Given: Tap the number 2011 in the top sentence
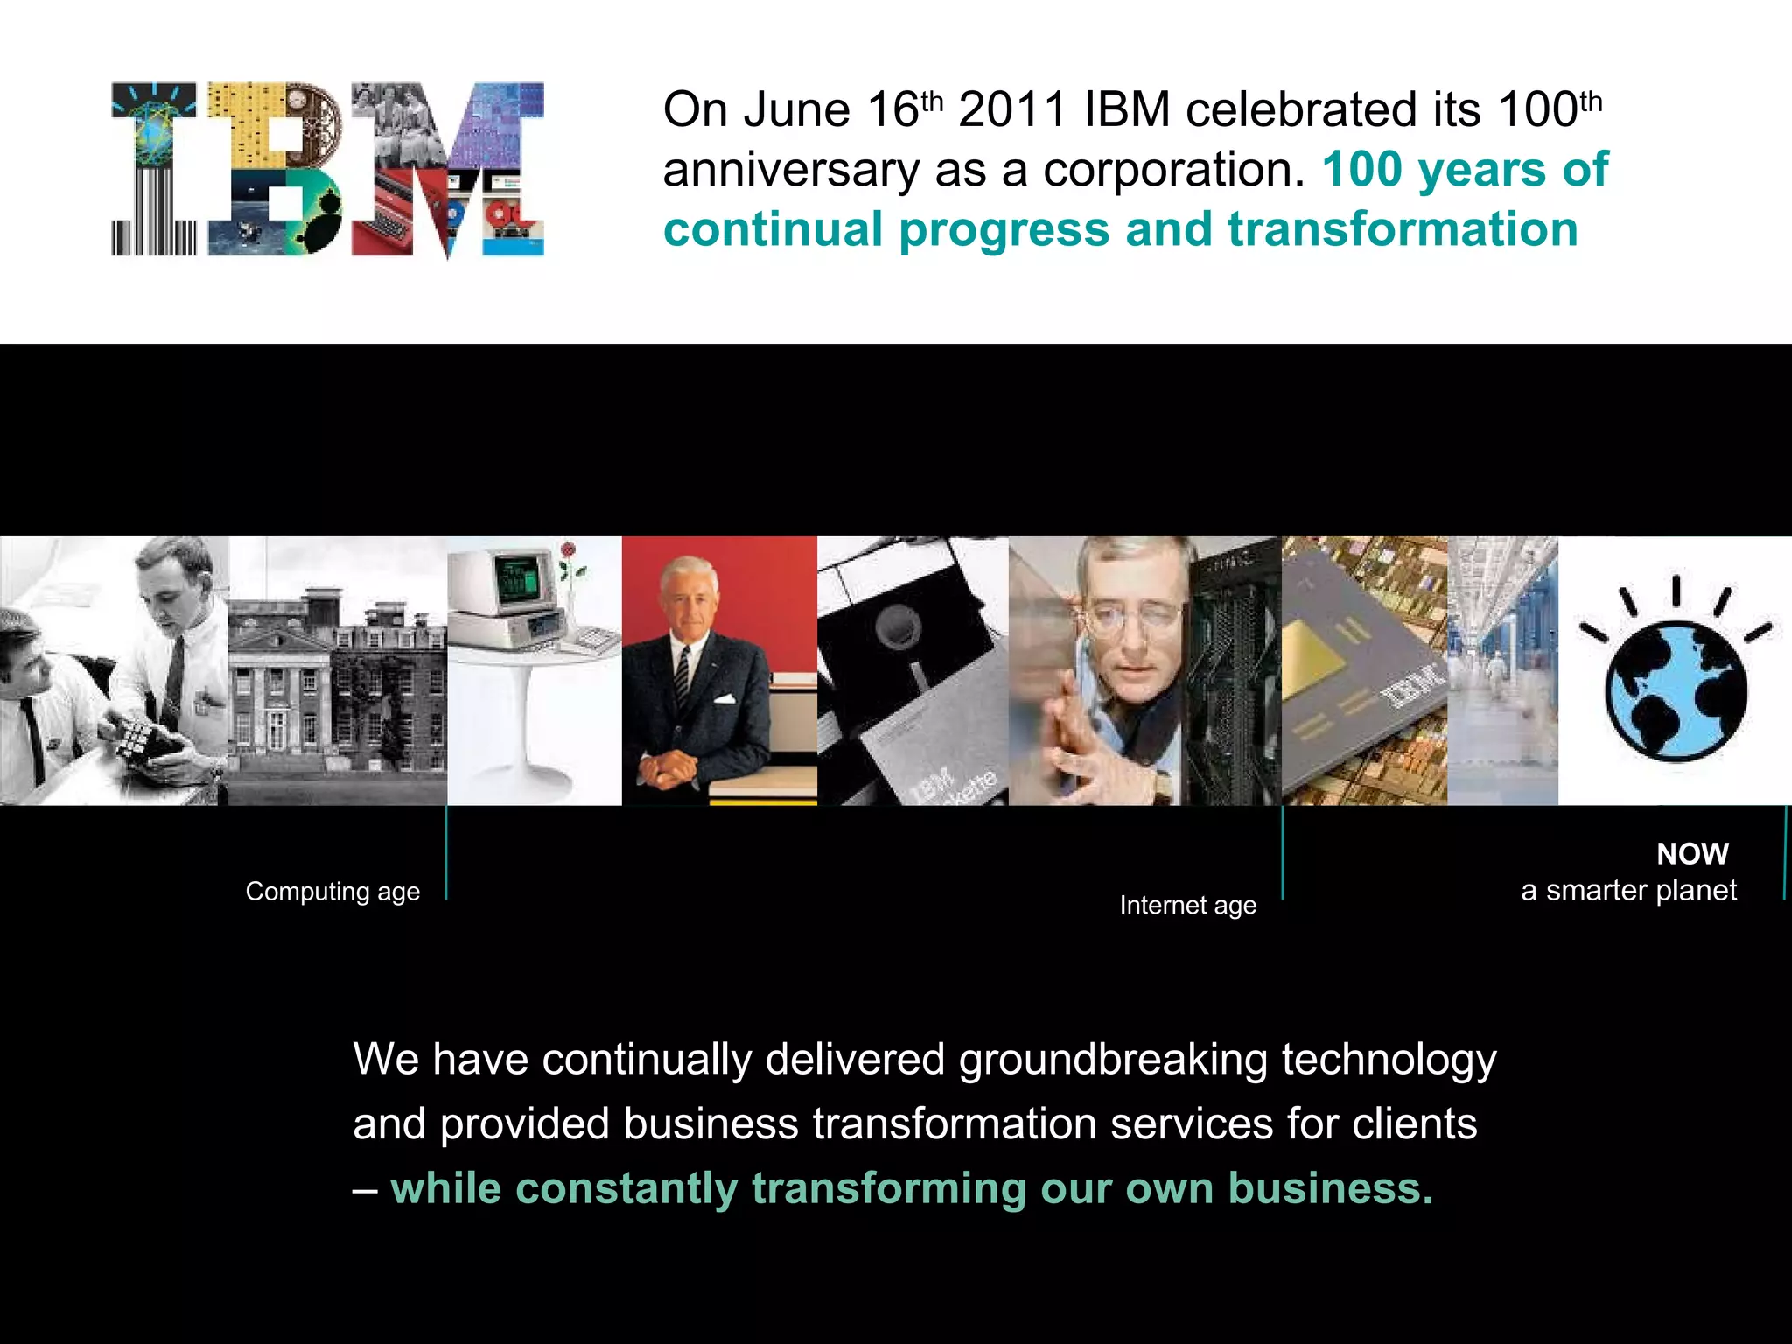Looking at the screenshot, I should (x=1011, y=111).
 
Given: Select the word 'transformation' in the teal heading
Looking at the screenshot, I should (x=1403, y=229).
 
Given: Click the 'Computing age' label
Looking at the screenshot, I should (x=332, y=892).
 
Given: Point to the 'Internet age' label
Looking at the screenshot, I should (x=1187, y=906).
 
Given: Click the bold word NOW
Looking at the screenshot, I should (x=1692, y=854).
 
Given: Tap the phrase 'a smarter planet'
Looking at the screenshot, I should (x=1628, y=891).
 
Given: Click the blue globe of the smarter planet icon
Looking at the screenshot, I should (x=1675, y=691).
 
